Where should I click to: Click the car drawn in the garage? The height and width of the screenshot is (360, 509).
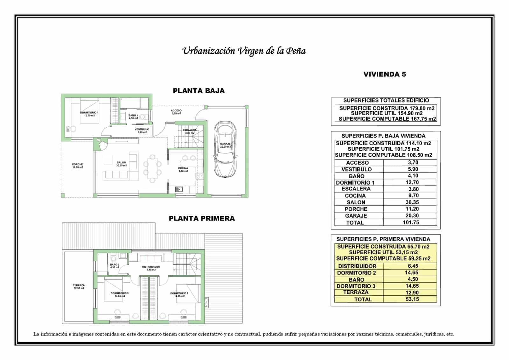[225, 149]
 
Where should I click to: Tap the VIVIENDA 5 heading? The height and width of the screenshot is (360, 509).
[385, 74]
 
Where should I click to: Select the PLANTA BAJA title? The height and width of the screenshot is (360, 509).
[199, 91]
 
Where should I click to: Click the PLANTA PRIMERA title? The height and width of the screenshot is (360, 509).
[202, 218]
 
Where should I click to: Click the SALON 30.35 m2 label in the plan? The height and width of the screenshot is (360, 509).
[121, 164]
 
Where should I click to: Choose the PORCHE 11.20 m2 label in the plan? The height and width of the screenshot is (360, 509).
[77, 166]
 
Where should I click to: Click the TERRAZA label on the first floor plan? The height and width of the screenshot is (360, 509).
[79, 286]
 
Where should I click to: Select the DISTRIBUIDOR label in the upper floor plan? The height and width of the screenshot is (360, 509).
[151, 268]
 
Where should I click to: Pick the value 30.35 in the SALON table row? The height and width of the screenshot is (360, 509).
[412, 202]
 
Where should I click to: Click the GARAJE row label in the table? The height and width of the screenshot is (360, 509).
[356, 216]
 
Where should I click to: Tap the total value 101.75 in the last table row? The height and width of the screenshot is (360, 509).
[411, 222]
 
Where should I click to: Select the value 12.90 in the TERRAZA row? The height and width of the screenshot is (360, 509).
[412, 293]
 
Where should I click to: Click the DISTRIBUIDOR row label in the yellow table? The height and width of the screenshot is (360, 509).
[357, 266]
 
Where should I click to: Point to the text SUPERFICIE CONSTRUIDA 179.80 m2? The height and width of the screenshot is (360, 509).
[387, 108]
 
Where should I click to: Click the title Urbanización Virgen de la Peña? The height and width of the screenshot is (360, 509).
[244, 51]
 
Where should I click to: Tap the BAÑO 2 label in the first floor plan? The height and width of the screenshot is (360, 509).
[115, 266]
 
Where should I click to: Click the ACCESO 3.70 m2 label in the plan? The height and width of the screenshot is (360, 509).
[176, 112]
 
